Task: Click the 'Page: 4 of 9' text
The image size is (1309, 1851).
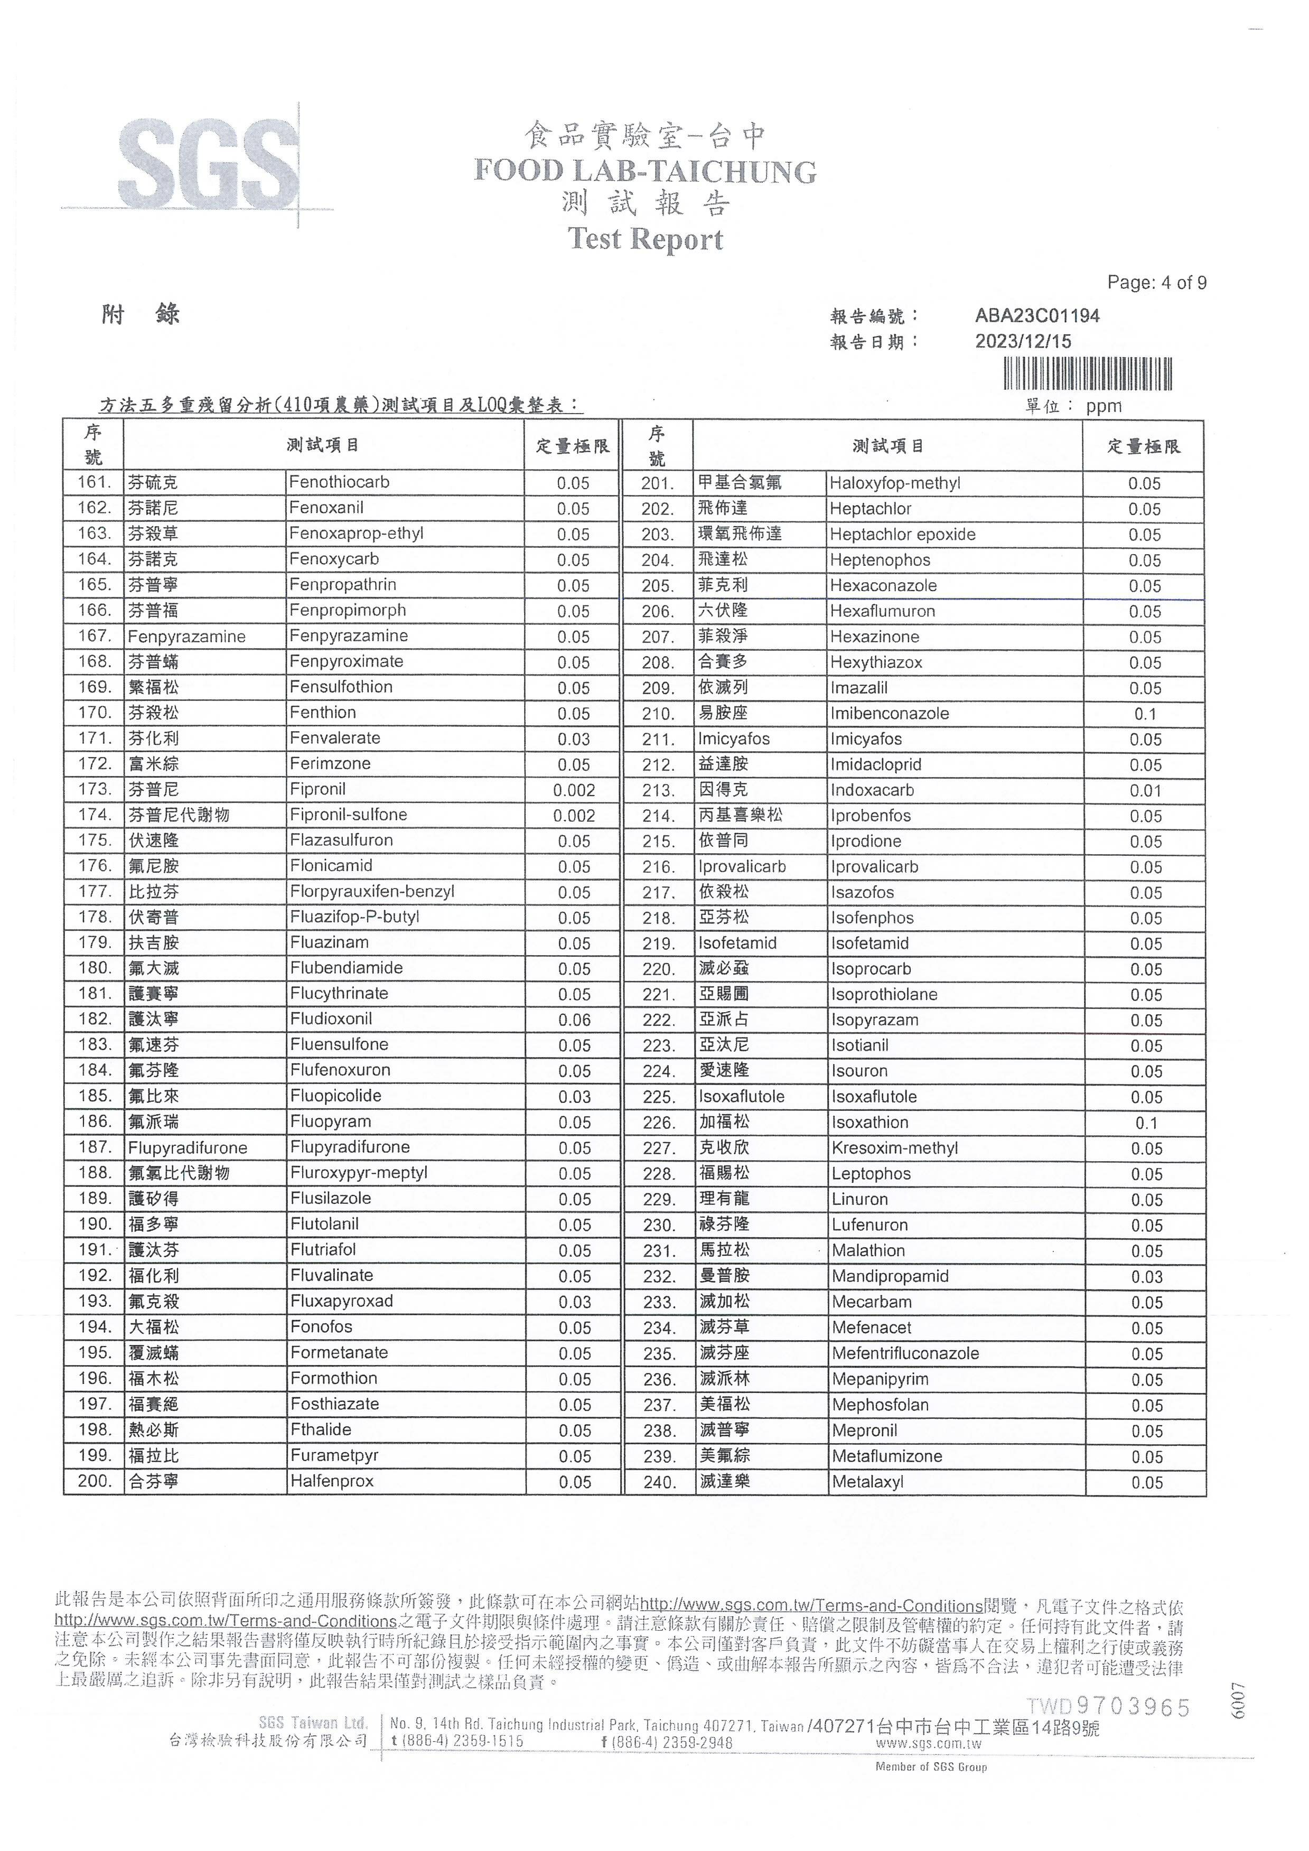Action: click(1157, 283)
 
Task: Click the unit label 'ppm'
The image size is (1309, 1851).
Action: click(1104, 406)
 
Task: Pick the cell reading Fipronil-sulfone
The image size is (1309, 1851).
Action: click(348, 815)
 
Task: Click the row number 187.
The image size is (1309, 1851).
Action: click(95, 1147)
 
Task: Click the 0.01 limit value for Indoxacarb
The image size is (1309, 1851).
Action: click(1145, 791)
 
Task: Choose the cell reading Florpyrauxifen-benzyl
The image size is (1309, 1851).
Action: click(372, 892)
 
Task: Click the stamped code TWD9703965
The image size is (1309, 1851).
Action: click(1108, 1707)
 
